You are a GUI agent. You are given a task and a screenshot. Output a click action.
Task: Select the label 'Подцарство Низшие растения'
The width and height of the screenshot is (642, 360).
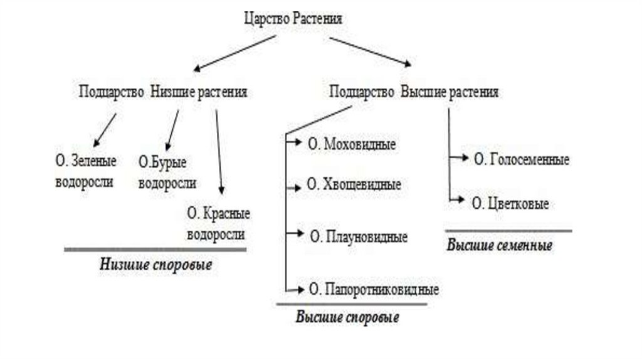(163, 92)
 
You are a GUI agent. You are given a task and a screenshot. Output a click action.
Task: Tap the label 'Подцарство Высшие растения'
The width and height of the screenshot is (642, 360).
(414, 92)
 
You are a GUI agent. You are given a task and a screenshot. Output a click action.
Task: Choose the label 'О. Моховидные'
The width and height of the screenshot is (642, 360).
(351, 144)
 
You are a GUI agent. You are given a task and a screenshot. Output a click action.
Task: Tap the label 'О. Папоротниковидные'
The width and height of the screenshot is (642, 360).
(372, 290)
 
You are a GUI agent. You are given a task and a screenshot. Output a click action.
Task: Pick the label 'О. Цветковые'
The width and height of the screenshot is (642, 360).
(511, 203)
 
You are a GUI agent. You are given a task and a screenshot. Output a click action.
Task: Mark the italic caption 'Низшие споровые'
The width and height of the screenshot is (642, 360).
(155, 265)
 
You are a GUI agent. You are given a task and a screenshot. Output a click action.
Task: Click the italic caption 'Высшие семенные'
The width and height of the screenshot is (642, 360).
(500, 245)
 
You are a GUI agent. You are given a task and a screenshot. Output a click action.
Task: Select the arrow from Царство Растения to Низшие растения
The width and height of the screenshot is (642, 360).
(236, 53)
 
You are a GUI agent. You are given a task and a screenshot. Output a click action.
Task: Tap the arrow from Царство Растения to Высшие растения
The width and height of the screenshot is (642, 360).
(371, 52)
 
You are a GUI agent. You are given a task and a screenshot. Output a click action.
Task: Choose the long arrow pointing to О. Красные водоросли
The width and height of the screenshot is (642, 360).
(219, 151)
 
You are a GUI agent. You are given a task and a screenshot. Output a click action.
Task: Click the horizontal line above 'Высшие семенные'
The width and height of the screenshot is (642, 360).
(508, 231)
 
